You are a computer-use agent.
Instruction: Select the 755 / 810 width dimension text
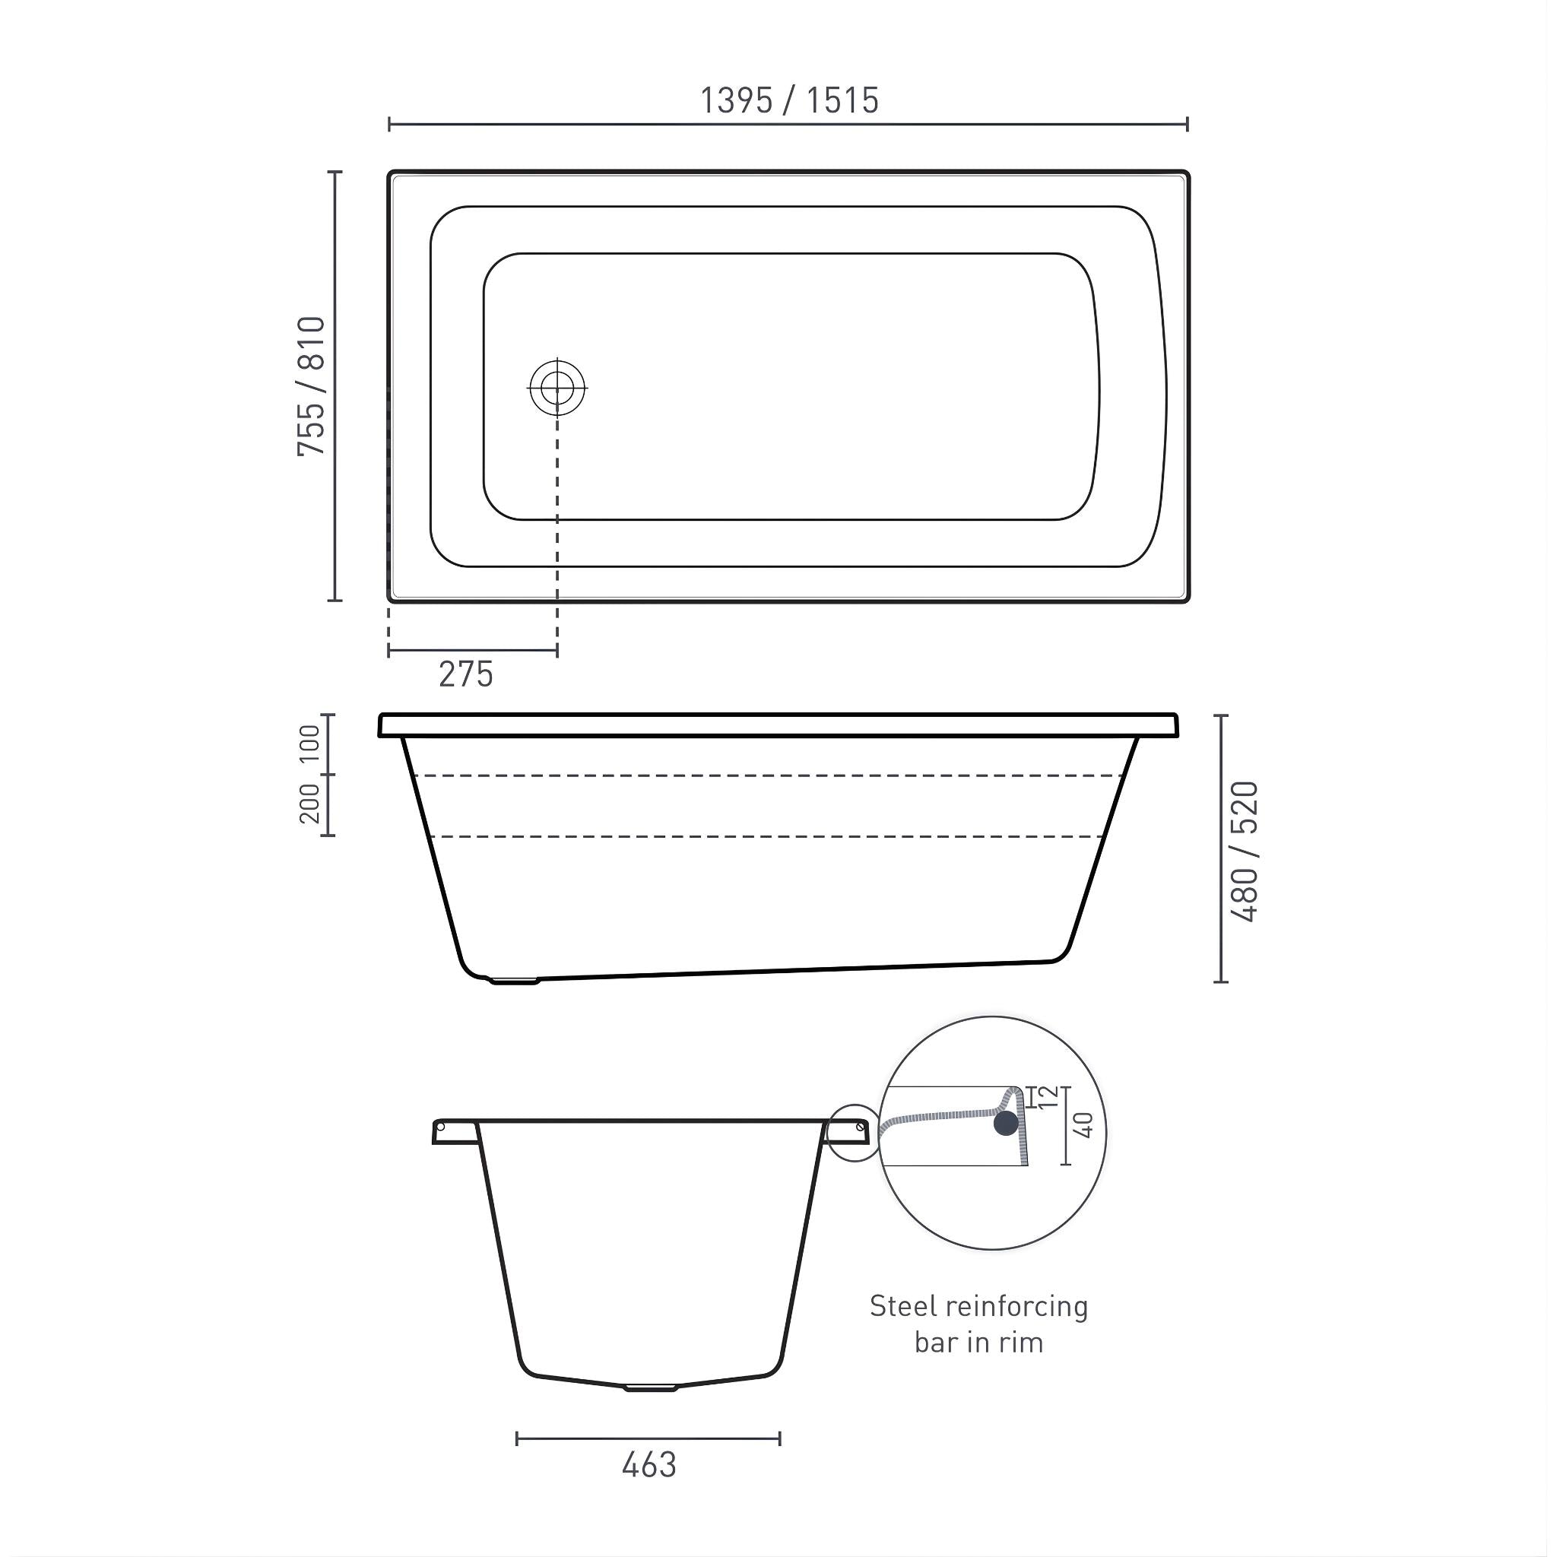[311, 386]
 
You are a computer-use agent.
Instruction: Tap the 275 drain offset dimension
[465, 674]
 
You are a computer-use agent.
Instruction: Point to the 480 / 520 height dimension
[1245, 851]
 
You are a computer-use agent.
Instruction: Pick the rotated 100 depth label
[310, 744]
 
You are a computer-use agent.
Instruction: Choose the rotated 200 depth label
[310, 804]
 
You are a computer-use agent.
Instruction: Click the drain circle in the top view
[557, 388]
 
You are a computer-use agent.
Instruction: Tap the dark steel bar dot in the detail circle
[1006, 1124]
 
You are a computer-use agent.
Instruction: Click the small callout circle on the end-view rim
[855, 1132]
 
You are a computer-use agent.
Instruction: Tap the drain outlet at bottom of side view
[514, 981]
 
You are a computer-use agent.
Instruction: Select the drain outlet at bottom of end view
[650, 1387]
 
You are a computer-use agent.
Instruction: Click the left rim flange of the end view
[455, 1130]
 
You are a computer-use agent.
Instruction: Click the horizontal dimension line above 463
[648, 1438]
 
